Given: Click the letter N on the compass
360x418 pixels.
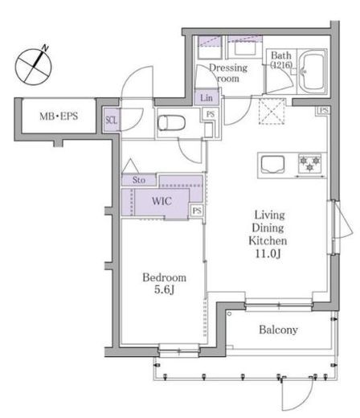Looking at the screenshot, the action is coord(45,48).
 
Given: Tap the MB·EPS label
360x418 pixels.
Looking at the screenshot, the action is coord(59,117).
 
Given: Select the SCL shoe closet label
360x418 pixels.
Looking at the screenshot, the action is coord(111,120).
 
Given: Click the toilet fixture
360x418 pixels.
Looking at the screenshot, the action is coord(171,123).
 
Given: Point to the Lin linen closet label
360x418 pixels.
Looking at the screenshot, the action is coord(207,98).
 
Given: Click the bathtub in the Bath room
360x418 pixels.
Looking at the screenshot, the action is coord(313,72).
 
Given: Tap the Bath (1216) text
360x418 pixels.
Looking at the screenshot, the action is coord(281,60).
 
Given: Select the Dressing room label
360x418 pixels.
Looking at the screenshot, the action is coord(228,72).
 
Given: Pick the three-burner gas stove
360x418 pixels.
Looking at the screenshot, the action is coord(310,163).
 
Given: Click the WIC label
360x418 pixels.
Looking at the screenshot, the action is coord(162,201).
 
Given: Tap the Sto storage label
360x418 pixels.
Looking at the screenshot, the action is coord(139,180).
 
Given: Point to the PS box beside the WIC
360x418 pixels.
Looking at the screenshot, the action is coord(197,211).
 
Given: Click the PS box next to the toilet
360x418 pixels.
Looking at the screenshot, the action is coord(211,114).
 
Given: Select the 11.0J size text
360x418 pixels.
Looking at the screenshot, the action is coord(268,253).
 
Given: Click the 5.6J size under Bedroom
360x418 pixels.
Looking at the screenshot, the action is coord(164,289).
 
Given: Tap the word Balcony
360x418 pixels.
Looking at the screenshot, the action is coord(278,330).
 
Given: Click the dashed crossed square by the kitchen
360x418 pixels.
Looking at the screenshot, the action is coord(272,112).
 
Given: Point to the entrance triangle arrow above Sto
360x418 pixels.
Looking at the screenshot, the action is coord(130,166).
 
